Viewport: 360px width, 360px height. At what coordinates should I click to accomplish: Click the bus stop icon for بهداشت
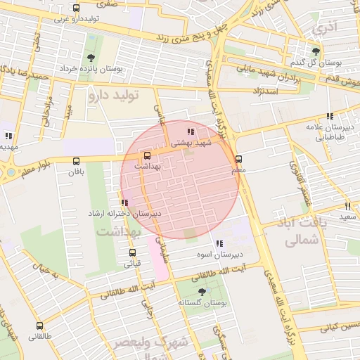click(147, 156)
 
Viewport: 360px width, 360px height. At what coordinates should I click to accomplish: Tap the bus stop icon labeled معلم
click(239, 159)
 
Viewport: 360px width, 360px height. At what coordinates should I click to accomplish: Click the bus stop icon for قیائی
click(132, 253)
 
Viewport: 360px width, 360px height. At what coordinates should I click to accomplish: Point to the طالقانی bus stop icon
click(39, 326)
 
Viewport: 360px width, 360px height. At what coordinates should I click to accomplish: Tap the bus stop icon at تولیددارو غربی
click(76, 8)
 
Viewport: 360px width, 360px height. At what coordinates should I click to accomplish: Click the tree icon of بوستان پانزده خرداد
click(90, 58)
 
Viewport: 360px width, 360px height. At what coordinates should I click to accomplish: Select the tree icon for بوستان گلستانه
click(202, 291)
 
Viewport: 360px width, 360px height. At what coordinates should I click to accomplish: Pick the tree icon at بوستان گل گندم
click(316, 51)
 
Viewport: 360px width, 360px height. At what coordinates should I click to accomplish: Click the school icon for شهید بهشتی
click(190, 131)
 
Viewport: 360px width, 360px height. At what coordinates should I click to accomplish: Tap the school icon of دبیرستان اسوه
click(219, 243)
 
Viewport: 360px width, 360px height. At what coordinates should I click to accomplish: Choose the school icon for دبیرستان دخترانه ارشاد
click(124, 202)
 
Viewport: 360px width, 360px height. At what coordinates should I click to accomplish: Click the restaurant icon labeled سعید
click(347, 206)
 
